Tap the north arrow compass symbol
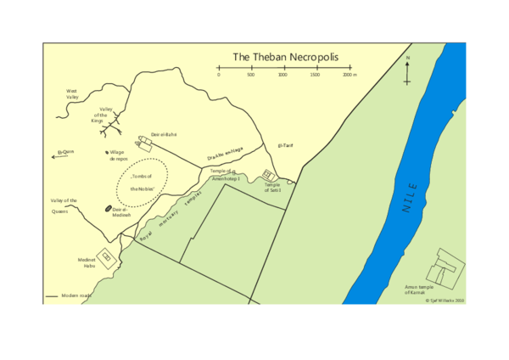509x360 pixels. point(408,71)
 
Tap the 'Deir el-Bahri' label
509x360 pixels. point(163,134)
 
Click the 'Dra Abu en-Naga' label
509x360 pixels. point(225,154)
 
